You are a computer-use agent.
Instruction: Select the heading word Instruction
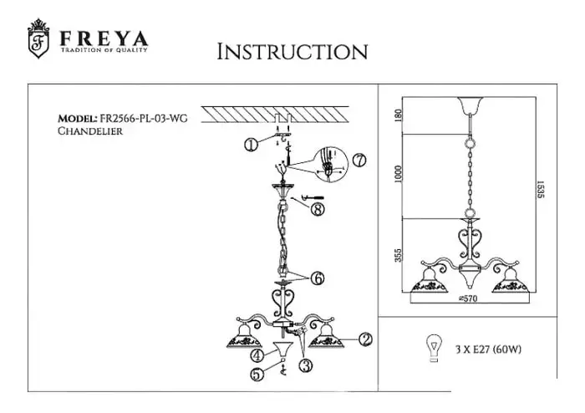tap(292, 52)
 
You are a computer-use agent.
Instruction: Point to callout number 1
tap(250, 145)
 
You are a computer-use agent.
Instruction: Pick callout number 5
tap(259, 375)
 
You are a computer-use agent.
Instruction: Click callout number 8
tap(317, 209)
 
